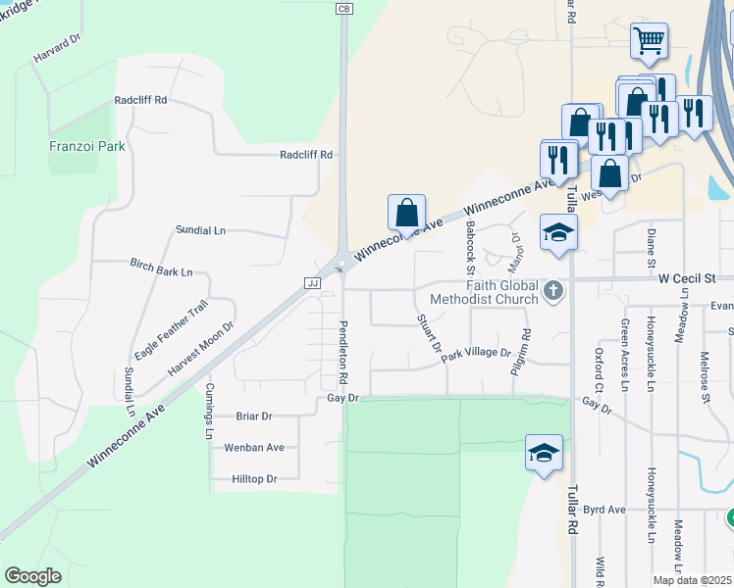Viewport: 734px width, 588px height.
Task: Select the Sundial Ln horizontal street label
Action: click(200, 230)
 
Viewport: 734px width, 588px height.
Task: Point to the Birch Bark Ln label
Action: click(161, 268)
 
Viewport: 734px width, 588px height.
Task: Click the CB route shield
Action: click(343, 9)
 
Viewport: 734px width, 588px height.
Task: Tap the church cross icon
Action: click(554, 290)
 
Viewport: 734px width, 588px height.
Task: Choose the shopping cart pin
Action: click(649, 41)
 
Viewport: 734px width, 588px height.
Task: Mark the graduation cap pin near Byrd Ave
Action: click(544, 453)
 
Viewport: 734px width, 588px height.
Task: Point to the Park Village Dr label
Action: click(476, 355)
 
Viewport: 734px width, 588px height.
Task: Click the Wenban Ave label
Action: click(254, 448)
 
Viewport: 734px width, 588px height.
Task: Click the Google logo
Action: click(32, 576)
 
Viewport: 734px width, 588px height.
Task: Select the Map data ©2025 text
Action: click(692, 580)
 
